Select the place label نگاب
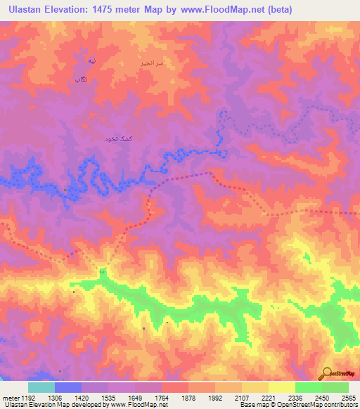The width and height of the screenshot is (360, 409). pos(81,79)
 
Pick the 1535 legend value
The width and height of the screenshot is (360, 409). pos(108,398)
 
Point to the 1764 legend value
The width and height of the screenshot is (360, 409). pos(161,398)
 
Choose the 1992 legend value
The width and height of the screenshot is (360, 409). pos(214,398)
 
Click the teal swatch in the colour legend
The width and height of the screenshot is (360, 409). pos(41,387)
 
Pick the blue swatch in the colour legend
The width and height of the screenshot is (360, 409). pos(67,387)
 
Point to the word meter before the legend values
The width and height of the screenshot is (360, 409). pos(10,398)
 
